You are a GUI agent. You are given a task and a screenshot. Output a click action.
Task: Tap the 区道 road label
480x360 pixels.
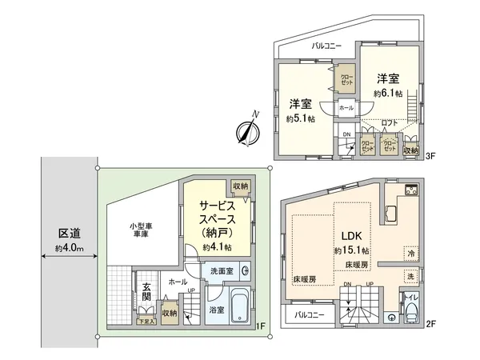pos(69,234)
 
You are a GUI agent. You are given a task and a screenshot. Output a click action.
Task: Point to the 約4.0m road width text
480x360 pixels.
pos(69,249)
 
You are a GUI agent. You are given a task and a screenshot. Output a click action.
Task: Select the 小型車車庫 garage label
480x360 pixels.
pos(140,230)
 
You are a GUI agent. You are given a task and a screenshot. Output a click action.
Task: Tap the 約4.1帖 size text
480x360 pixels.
pos(216,249)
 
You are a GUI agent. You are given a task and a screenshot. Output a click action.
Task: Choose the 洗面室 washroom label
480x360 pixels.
pos(221,271)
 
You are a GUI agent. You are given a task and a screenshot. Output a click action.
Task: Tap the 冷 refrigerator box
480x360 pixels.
pos(410,252)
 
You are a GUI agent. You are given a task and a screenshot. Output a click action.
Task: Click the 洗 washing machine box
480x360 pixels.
pos(410,276)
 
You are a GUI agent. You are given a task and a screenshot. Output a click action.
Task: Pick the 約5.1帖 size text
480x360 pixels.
pos(302,118)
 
